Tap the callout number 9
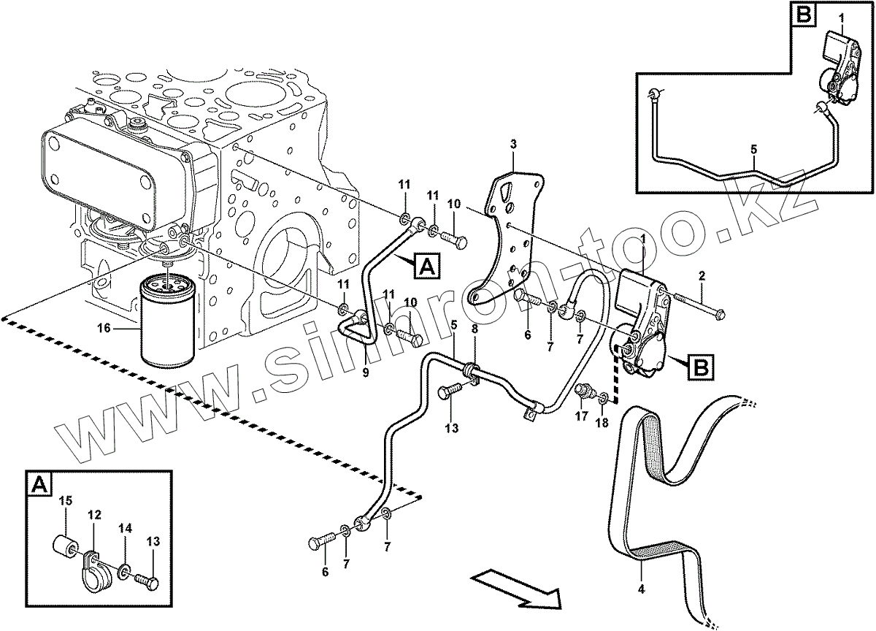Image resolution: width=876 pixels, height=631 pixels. coord(366,373)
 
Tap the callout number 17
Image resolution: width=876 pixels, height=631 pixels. coord(582,417)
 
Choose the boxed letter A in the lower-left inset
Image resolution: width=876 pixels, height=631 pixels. coord(39,483)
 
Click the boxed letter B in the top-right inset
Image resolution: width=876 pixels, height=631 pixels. coord(804,14)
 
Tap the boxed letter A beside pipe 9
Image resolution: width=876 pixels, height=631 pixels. coord(428,267)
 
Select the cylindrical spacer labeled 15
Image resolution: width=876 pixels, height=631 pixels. coord(64,546)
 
